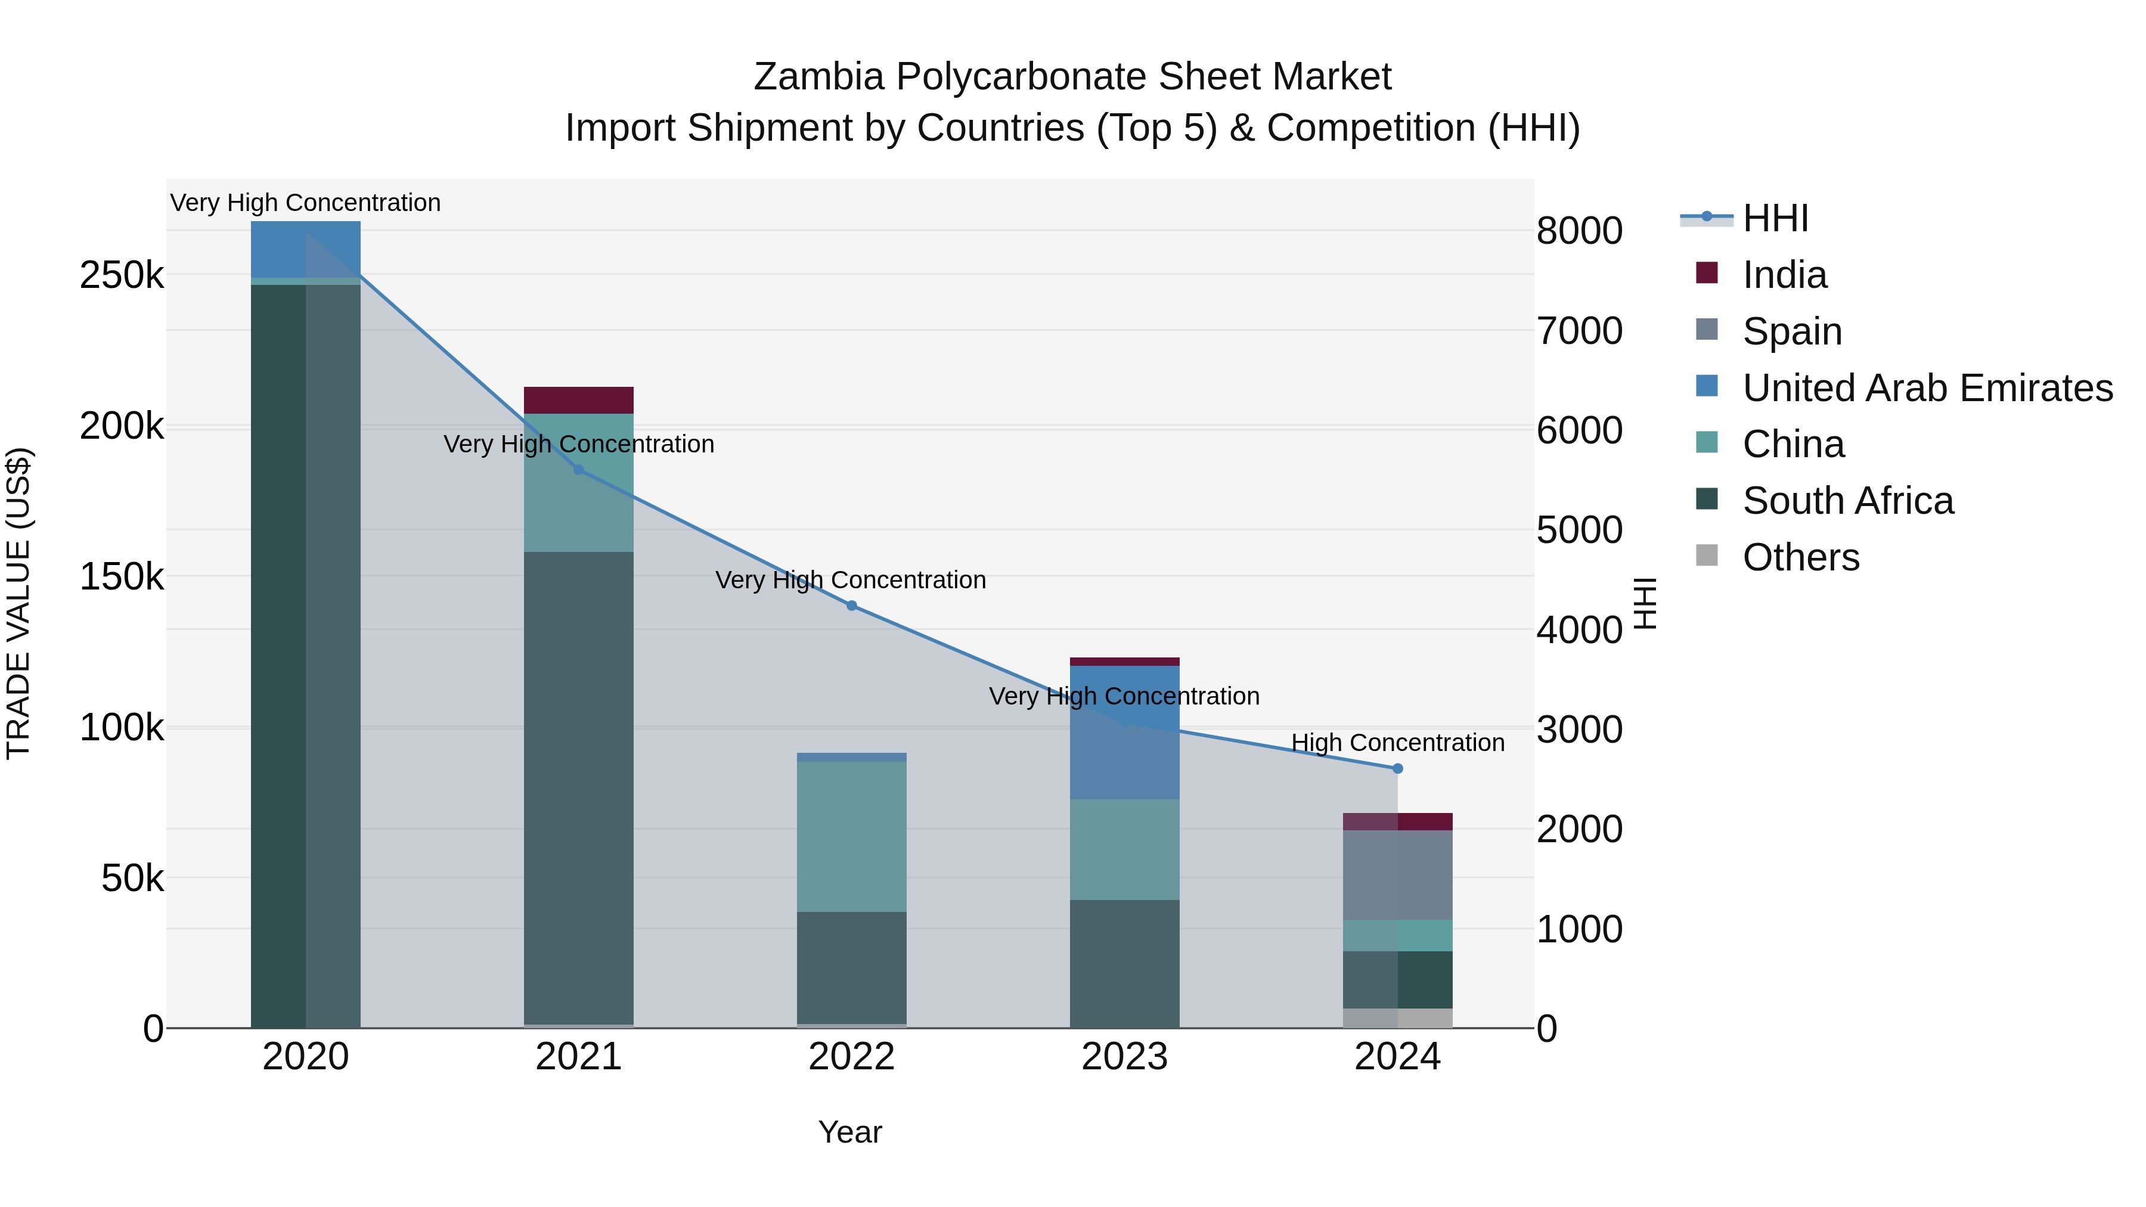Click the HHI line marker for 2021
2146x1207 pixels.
[579, 470]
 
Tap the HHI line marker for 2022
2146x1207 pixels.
[851, 606]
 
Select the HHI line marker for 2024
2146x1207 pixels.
[1397, 769]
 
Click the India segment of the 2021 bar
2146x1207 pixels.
[578, 401]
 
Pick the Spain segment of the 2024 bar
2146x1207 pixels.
[1397, 874]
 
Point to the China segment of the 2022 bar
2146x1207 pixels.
[851, 836]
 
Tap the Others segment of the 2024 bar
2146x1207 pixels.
[1397, 1018]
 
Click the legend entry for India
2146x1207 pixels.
[1784, 275]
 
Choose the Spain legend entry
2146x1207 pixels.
[1791, 331]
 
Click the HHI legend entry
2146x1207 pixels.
[1775, 218]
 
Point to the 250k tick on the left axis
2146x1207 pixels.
[122, 275]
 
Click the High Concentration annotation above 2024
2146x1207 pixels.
[1397, 742]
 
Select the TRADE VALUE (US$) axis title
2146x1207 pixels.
[18, 603]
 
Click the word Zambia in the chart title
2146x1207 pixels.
[818, 77]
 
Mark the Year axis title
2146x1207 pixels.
[849, 1132]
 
